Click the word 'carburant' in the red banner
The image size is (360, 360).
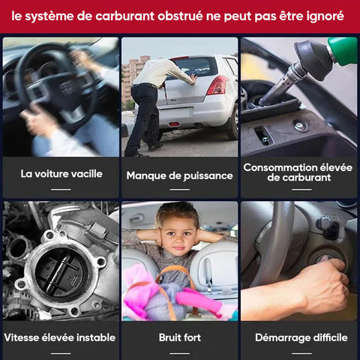coord(124,16)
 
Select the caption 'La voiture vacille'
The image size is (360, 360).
coord(61,174)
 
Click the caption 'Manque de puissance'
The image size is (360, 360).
coord(179,175)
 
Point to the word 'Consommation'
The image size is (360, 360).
coord(280,167)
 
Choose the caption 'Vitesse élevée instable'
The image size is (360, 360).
coord(60,337)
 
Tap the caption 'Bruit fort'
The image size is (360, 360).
coord(180,337)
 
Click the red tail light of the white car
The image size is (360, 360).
coord(217,85)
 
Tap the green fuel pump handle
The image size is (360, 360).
coord(343,51)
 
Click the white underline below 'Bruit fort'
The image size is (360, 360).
coord(179,353)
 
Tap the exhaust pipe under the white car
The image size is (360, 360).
coord(199,125)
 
